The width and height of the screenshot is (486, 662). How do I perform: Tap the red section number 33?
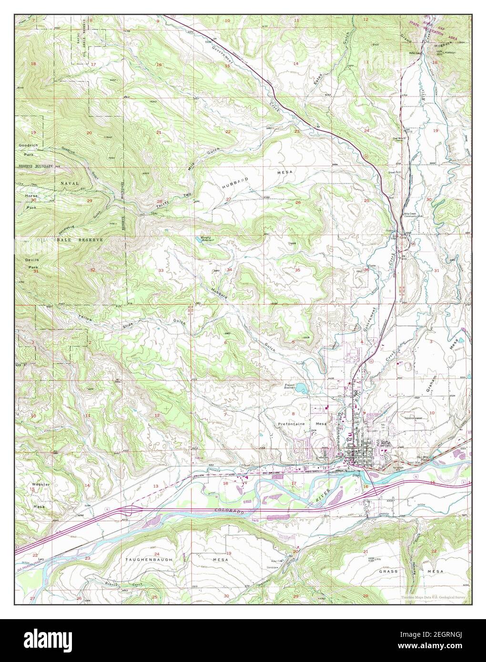coord(161,271)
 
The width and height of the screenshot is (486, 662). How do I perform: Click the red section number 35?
coord(298,270)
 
